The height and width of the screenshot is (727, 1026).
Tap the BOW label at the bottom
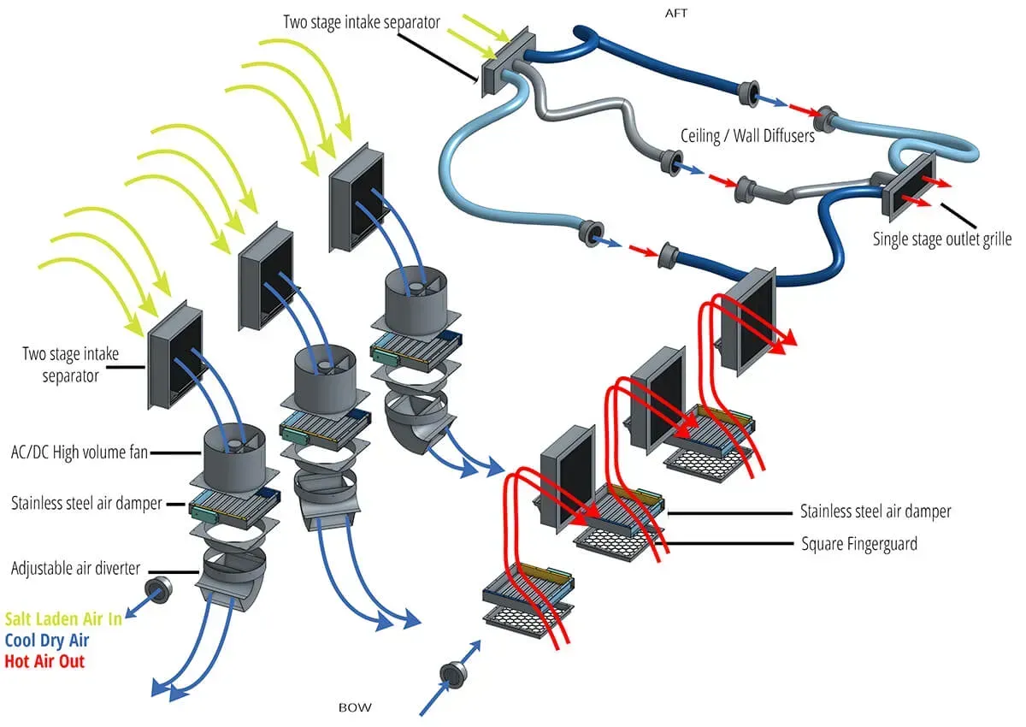click(355, 707)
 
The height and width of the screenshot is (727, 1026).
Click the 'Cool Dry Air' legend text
click(47, 640)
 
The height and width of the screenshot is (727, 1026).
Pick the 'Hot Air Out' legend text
click(44, 661)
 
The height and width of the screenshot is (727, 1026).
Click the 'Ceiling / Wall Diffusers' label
click(747, 135)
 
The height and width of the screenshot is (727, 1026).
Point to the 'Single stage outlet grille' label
click(941, 239)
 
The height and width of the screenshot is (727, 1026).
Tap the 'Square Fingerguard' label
click(859, 543)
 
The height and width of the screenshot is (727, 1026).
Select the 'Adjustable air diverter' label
click(75, 568)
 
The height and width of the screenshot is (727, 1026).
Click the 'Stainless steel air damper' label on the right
click(876, 511)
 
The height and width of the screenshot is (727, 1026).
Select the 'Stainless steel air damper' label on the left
click(86, 503)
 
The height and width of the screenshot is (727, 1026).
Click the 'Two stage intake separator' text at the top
click(362, 21)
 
